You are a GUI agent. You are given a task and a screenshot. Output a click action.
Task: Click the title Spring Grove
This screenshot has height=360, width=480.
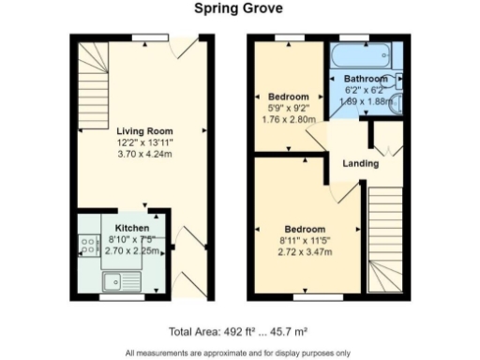pyautogui.click(x=239, y=8)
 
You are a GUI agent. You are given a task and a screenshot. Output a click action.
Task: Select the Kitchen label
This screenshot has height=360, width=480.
pyautogui.click(x=130, y=228)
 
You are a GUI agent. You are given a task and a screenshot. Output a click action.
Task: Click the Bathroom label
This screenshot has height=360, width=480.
pyautogui.click(x=365, y=78)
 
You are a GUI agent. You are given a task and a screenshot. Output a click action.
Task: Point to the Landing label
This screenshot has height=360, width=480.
pyautogui.click(x=361, y=163)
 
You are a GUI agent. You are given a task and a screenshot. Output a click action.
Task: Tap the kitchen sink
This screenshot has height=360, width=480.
pyautogui.click(x=121, y=278)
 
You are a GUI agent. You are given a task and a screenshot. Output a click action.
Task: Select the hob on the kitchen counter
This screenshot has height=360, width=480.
pyautogui.click(x=91, y=246)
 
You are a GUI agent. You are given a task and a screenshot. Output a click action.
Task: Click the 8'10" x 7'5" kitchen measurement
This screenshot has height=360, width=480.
pyautogui.click(x=130, y=239)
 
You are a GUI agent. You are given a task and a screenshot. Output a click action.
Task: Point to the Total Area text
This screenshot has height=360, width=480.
pyautogui.click(x=239, y=331)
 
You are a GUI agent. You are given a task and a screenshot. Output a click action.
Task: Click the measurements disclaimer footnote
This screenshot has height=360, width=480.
pyautogui.click(x=239, y=352)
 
